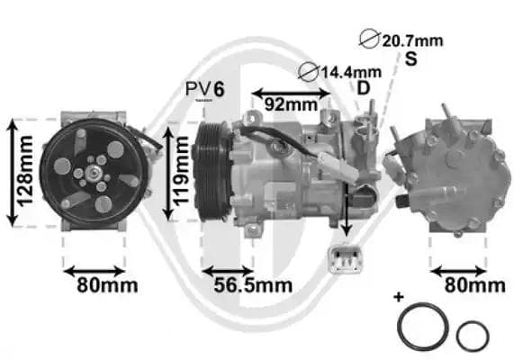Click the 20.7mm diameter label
click(412, 40)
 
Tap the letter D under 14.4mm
click(364, 87)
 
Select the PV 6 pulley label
click(204, 88)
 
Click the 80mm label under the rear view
click(474, 286)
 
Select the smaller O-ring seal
click(473, 336)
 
